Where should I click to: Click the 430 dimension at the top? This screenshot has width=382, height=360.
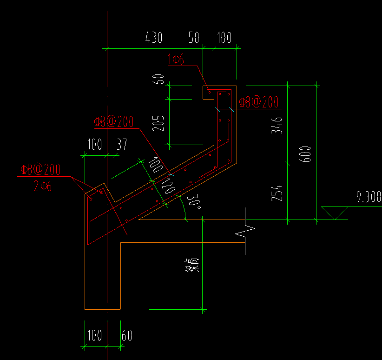coord(154,38)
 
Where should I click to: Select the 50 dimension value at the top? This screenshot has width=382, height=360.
coord(194,38)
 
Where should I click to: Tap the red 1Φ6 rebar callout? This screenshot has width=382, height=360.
coord(177,59)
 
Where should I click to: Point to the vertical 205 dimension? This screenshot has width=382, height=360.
coord(159,124)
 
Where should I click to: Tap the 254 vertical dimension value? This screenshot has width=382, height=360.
coord(277,193)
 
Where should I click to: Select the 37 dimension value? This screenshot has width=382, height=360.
coord(122,144)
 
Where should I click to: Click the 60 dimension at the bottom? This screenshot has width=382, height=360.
coord(127,335)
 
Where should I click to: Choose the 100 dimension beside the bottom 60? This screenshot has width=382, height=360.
coord(94,335)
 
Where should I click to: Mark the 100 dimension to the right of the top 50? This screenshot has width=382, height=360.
coord(224,38)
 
